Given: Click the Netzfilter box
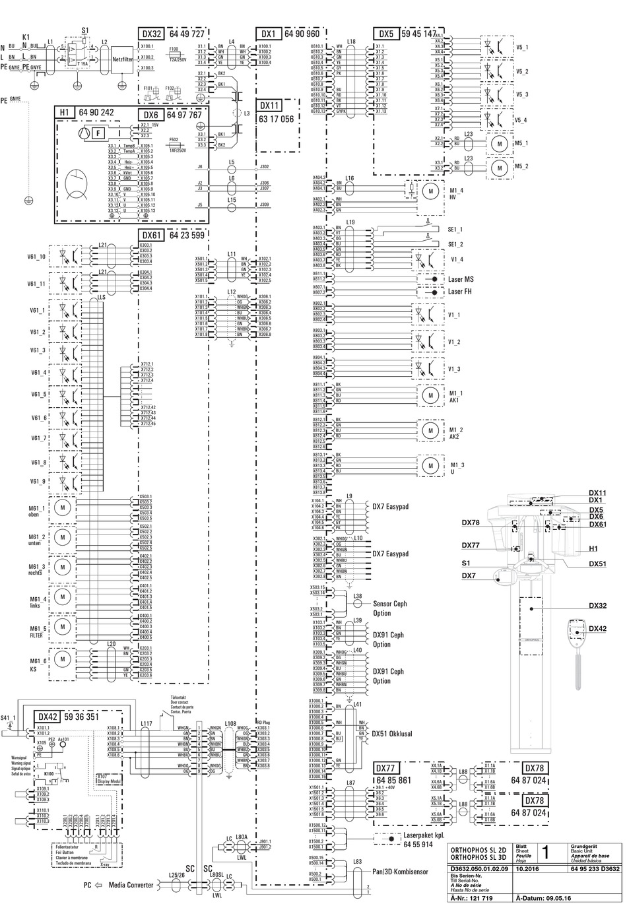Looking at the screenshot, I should tap(124, 58).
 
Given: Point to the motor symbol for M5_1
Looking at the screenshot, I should tap(500, 143).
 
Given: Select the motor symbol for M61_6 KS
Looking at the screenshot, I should tap(63, 659).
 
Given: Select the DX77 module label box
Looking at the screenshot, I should tap(387, 769).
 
